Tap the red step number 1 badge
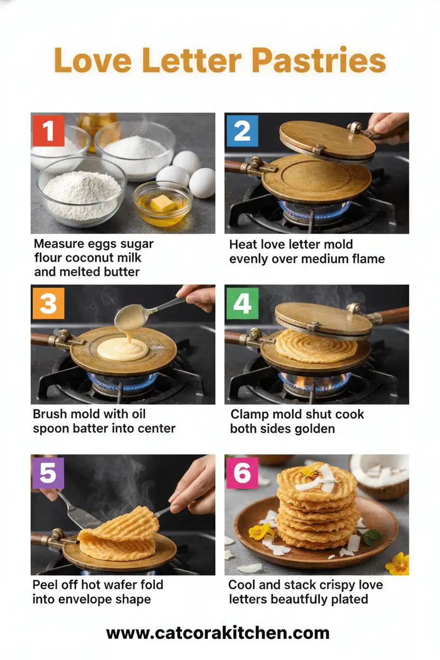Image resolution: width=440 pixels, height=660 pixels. tap(48, 130)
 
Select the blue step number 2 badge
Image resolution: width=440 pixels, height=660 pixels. tap(242, 130)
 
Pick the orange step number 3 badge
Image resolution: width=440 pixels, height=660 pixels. tap(48, 303)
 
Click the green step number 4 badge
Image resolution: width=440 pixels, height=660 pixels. tap(242, 303)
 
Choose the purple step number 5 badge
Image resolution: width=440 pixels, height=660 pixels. tap(48, 473)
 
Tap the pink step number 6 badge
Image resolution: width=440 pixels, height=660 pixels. tap(242, 473)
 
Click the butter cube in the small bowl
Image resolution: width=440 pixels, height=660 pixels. tap(162, 203)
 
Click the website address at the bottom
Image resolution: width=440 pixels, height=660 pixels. tap(218, 632)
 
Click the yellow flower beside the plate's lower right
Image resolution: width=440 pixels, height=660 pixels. tap(398, 564)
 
